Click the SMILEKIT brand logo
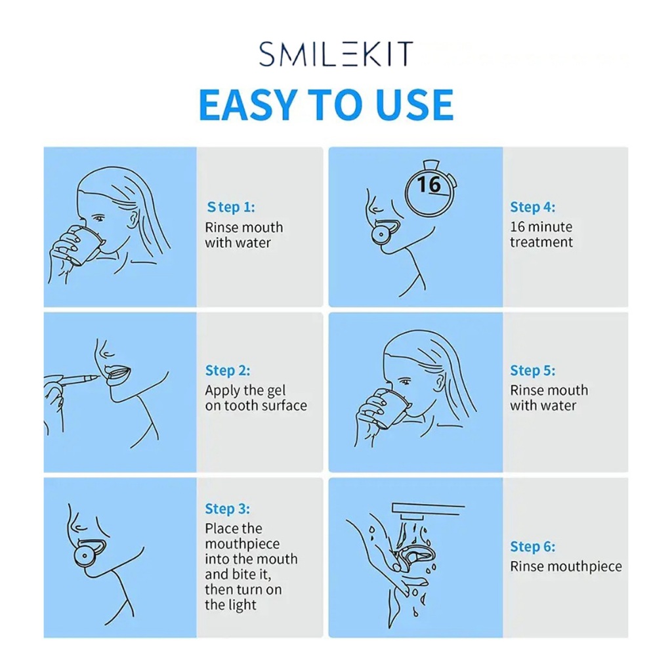pos(336,54)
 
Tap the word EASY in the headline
pos(247,105)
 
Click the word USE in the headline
pos(414,105)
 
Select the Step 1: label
pos(231,207)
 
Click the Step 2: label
pos(228,370)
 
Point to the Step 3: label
pos(227,509)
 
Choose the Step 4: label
pos(533,207)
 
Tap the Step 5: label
pos(533,370)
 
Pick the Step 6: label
pos(533,547)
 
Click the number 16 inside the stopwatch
pos(429,184)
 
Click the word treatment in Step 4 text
pos(541,242)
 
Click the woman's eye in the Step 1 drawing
pos(100,219)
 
